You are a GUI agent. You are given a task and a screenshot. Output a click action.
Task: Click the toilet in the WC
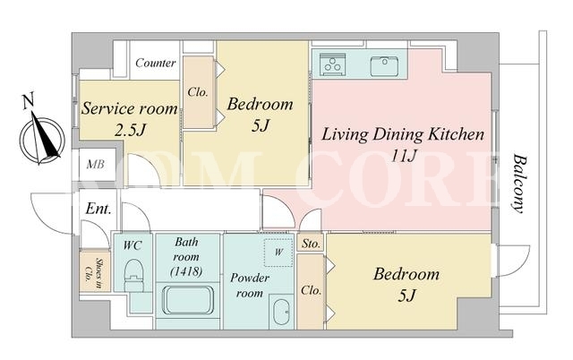(134, 275)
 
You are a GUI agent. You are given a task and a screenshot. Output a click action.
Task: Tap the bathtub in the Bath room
(188, 300)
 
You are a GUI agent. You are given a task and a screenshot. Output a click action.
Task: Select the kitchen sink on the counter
(384, 65)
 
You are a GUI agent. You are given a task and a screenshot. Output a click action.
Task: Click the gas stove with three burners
(332, 64)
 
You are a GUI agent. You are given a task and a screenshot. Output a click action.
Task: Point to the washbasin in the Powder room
(281, 312)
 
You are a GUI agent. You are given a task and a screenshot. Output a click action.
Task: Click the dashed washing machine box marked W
(278, 253)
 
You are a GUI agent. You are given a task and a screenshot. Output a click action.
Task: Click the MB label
(96, 165)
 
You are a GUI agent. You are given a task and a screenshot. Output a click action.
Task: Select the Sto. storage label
(311, 244)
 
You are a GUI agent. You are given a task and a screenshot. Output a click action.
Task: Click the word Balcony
(519, 184)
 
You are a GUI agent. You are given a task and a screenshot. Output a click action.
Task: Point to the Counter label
(155, 63)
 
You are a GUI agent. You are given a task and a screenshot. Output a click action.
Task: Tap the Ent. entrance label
(98, 209)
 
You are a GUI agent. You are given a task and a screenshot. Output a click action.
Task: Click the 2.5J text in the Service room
(130, 130)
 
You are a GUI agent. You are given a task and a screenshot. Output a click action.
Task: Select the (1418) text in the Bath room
(186, 271)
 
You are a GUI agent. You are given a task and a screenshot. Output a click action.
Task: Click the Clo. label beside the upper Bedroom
(198, 92)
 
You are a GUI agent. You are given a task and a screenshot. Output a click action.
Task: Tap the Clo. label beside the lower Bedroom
(311, 290)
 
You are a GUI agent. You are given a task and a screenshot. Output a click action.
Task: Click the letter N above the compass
(28, 101)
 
